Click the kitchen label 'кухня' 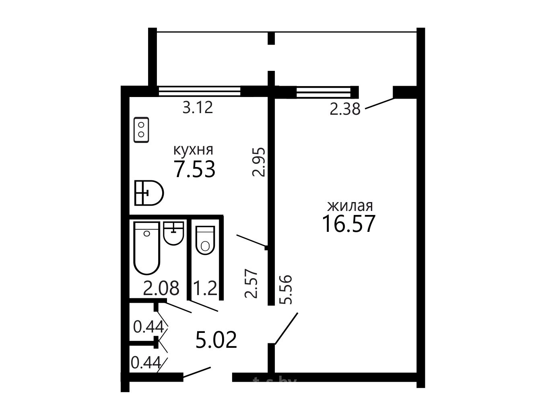pyautogui.click(x=193, y=151)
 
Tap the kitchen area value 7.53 pyautogui.click(x=195, y=169)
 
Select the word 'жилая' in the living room pyautogui.click(x=350, y=206)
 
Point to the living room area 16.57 pyautogui.click(x=349, y=224)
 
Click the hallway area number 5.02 pyautogui.click(x=216, y=340)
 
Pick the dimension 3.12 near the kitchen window pyautogui.click(x=198, y=107)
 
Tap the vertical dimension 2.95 pyautogui.click(x=259, y=162)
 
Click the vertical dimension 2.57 pyautogui.click(x=251, y=283)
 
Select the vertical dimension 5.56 pyautogui.click(x=286, y=290)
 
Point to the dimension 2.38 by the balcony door pyautogui.click(x=345, y=109)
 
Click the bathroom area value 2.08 pyautogui.click(x=161, y=288)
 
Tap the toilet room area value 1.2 pyautogui.click(x=206, y=288)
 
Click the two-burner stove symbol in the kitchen pyautogui.click(x=141, y=130)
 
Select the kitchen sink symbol pyautogui.click(x=149, y=193)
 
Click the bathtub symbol pyautogui.click(x=147, y=248)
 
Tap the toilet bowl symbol pyautogui.click(x=205, y=240)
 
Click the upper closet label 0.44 pyautogui.click(x=148, y=327)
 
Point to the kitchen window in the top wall pyautogui.click(x=200, y=91)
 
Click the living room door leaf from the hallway pyautogui.click(x=286, y=328)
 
